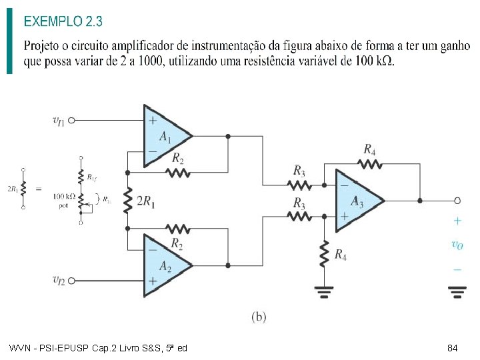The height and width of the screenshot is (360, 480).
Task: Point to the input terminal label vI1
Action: click(59, 120)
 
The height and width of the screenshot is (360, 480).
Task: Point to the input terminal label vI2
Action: click(59, 280)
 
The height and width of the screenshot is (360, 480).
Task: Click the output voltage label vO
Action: click(457, 245)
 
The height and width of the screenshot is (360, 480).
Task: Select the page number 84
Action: click(452, 348)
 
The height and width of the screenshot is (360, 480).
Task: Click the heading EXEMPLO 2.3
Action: click(63, 21)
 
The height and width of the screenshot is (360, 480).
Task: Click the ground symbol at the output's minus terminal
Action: click(457, 290)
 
